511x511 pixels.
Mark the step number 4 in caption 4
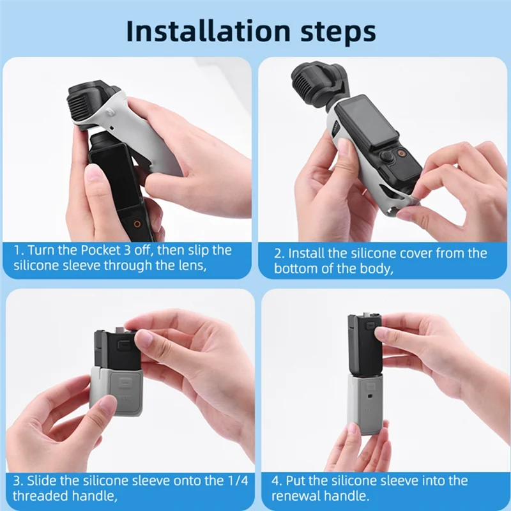click(275, 480)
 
